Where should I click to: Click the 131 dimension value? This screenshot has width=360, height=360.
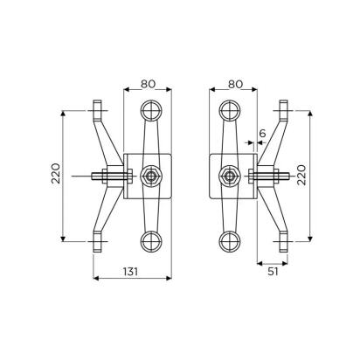(130, 272)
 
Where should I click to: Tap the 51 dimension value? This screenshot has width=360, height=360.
(273, 272)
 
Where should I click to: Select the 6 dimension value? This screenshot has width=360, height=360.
(262, 134)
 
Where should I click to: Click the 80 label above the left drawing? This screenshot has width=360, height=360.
(148, 84)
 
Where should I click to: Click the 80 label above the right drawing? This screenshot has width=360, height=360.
(235, 84)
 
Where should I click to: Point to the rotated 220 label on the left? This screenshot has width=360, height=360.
(56, 173)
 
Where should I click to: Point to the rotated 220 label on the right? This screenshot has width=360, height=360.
(301, 175)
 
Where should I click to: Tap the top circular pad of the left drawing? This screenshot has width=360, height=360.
(151, 111)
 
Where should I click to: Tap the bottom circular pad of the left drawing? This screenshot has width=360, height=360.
(151, 241)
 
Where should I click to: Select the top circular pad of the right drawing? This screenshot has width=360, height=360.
(230, 111)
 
